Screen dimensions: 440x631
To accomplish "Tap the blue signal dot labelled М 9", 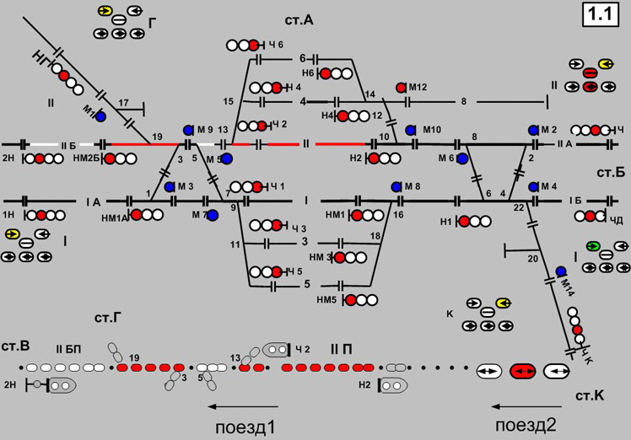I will tap(188, 131).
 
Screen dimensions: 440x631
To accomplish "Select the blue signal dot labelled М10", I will tap(410, 130).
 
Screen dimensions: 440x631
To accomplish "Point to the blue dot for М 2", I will tap(533, 130).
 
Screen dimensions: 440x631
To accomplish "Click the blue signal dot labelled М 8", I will tap(396, 186).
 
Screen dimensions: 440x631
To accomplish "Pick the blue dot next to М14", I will tap(560, 271).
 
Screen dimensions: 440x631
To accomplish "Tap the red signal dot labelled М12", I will tap(401, 87).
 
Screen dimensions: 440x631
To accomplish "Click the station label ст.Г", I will tap(110, 318).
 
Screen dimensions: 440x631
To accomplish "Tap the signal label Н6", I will tap(308, 73).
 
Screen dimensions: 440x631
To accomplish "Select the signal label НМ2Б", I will tap(86, 158).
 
